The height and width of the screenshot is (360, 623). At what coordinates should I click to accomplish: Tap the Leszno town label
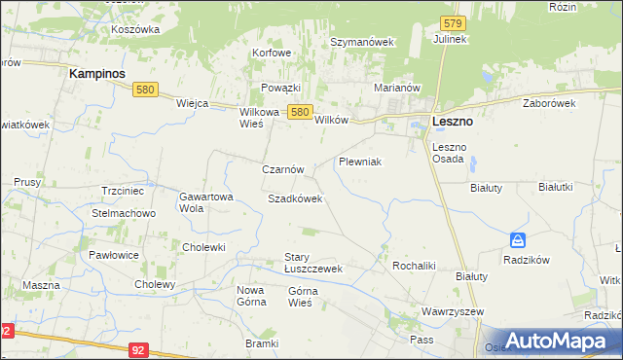pyautogui.click(x=452, y=122)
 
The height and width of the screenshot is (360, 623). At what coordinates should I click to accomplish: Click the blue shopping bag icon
pyautogui.click(x=518, y=240)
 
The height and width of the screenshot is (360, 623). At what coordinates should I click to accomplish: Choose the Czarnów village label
pyautogui.click(x=283, y=168)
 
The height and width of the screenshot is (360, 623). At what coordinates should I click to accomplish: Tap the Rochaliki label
pyautogui.click(x=413, y=265)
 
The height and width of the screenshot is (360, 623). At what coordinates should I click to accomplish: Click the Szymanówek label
pyautogui.click(x=361, y=43)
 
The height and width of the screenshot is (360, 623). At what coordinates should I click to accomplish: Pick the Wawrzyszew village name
pyautogui.click(x=453, y=312)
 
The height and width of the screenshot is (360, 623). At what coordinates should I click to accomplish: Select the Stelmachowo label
pyautogui.click(x=124, y=213)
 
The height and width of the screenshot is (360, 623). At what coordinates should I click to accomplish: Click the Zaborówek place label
pyautogui.click(x=550, y=103)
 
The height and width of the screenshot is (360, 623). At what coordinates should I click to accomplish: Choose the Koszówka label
pyautogui.click(x=135, y=30)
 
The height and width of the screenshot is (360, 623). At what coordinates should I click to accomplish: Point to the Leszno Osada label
pyautogui.click(x=450, y=153)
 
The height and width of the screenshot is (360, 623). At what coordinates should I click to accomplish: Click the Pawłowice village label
pyautogui.click(x=114, y=255)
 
